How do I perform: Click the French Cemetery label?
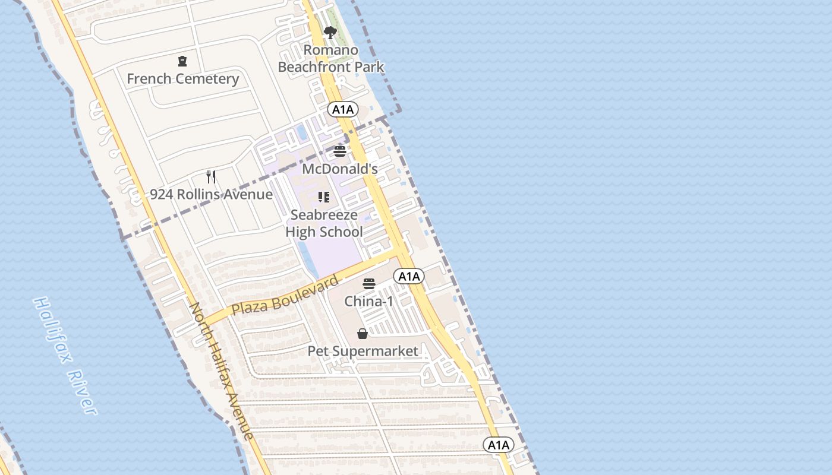coord(182,78)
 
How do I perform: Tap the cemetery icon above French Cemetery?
coord(182,61)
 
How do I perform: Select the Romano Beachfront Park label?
coord(331,58)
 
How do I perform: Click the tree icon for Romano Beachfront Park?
coord(330,33)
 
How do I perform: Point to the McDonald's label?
coord(340,169)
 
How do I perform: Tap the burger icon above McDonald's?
coord(340,151)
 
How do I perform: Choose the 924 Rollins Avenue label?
coord(211,194)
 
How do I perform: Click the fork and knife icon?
coord(211,176)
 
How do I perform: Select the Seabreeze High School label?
coord(324,223)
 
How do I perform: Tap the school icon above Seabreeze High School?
coord(324,197)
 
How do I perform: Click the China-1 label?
coord(369,301)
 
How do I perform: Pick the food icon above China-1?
coord(369,284)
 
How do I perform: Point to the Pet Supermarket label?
coord(363,351)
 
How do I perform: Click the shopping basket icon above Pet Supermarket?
coord(363,334)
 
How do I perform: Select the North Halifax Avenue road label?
coord(221,370)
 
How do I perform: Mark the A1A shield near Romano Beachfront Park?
coord(343,109)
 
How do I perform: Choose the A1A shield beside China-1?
coord(409,276)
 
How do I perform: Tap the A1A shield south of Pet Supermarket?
coord(498,445)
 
